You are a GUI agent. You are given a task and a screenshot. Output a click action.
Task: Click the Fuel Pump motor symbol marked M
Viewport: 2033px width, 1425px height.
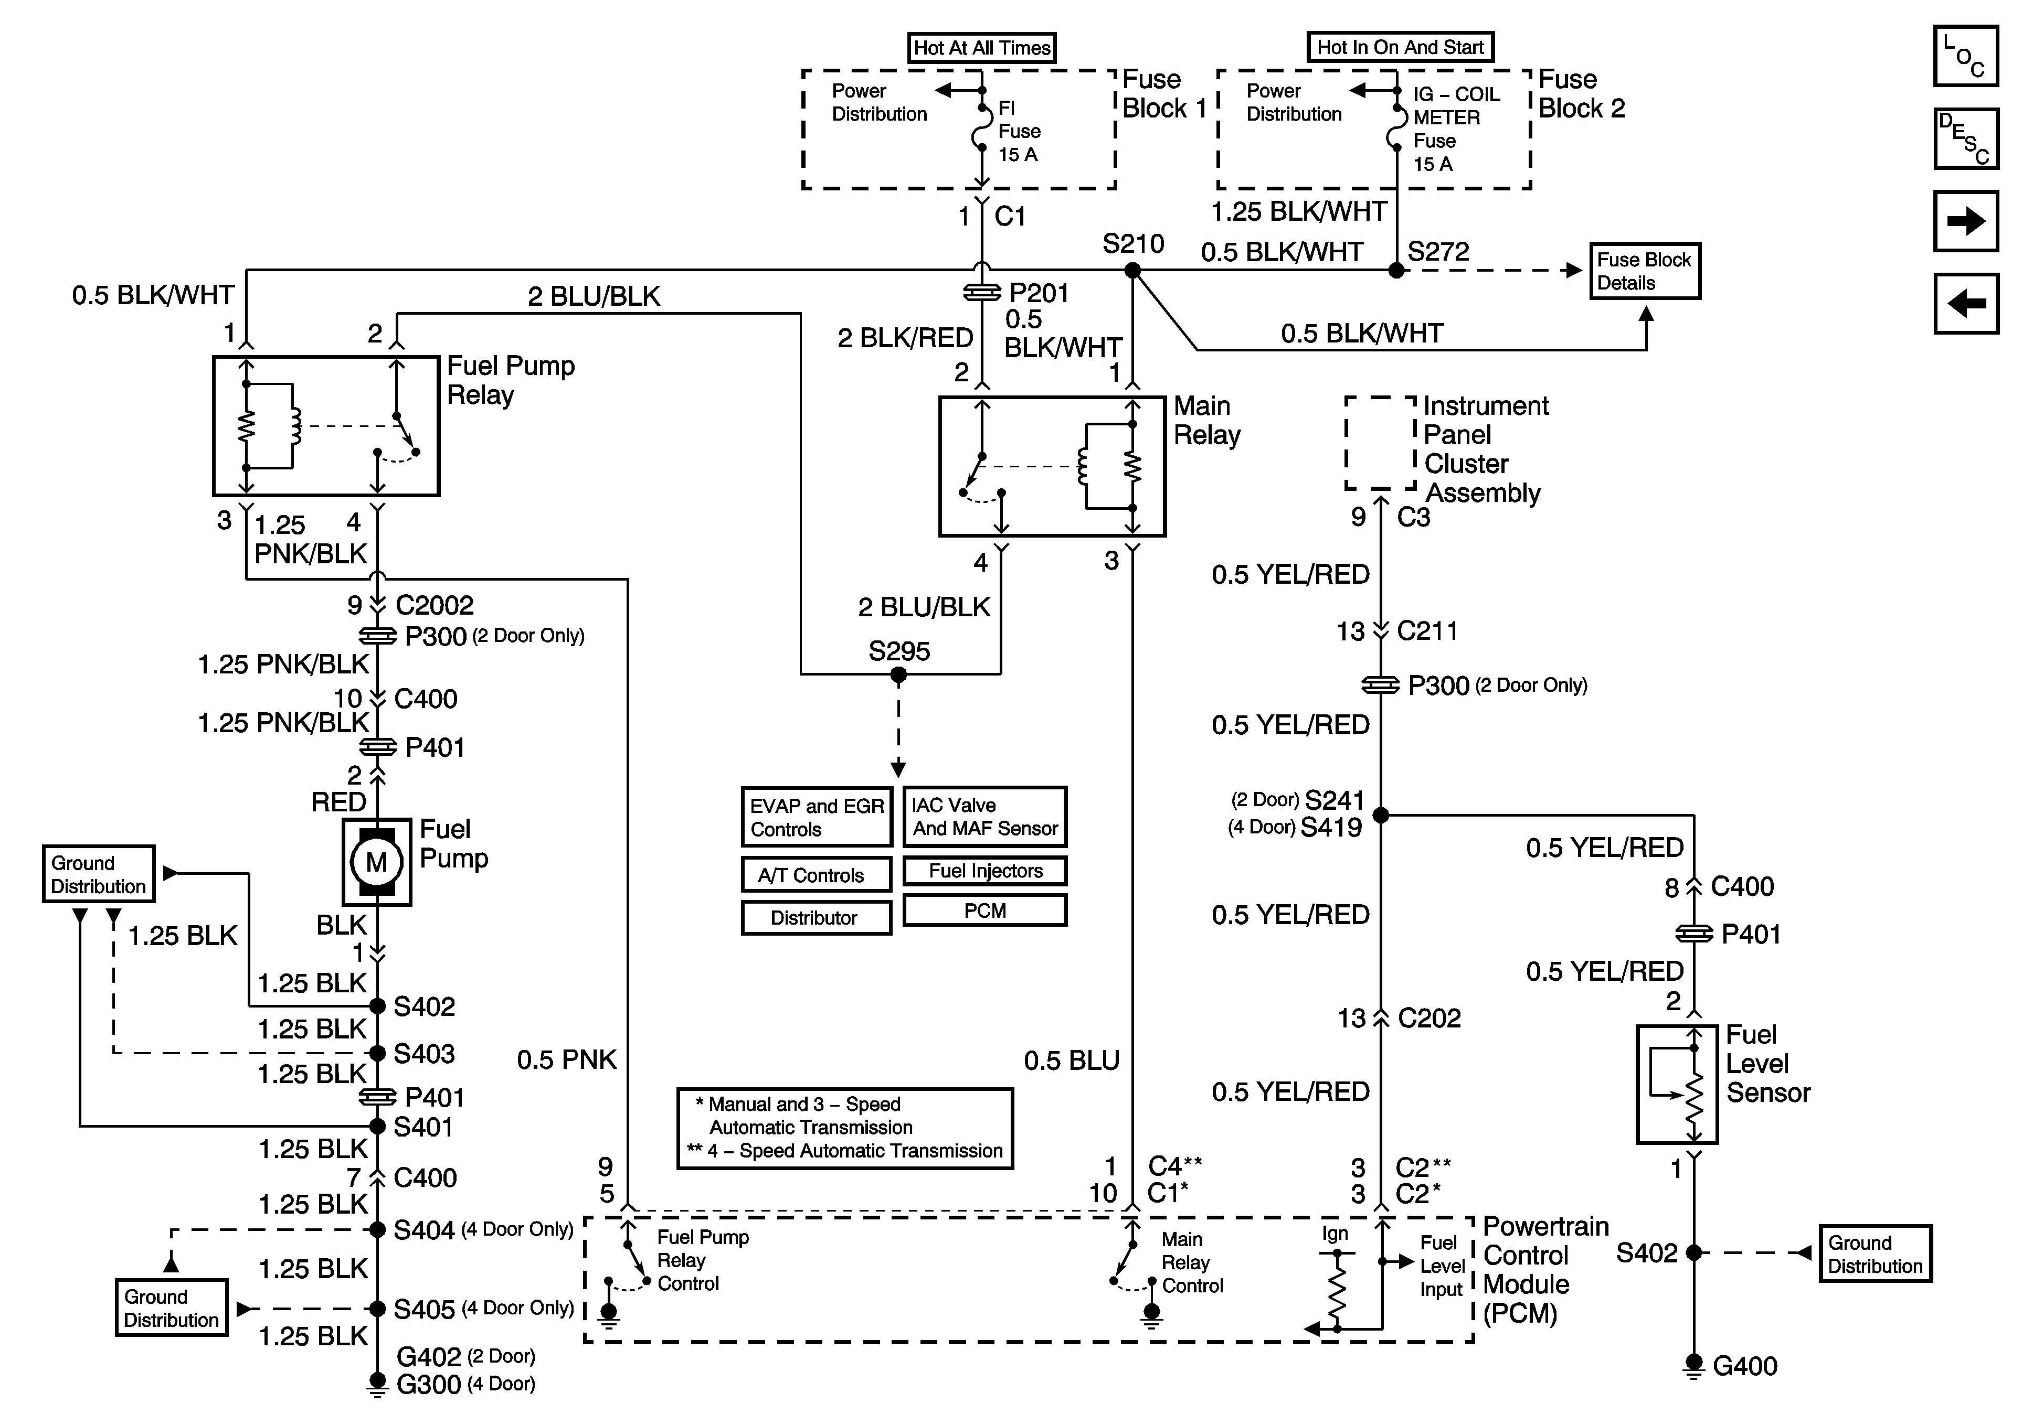(376, 861)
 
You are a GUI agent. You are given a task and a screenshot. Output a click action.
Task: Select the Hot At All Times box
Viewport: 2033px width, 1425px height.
(982, 48)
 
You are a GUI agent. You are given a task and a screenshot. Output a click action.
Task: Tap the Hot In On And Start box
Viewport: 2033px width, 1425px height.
(1400, 48)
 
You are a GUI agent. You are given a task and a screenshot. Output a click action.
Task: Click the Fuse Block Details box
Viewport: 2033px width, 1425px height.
(1644, 271)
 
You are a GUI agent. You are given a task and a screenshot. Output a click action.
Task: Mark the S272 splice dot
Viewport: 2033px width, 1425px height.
(1396, 271)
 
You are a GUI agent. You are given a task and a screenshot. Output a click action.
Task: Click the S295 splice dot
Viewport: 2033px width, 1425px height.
(899, 674)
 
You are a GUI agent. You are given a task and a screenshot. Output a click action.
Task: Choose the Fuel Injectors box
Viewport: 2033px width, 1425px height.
(984, 871)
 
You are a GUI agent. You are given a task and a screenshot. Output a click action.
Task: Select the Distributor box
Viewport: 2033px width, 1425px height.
(816, 918)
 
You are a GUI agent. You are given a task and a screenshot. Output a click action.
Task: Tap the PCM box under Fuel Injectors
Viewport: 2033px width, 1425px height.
(984, 911)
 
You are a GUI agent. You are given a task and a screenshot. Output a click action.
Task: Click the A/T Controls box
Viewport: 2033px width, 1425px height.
(816, 875)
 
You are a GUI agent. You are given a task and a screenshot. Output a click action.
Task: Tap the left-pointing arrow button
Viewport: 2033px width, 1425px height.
(1966, 304)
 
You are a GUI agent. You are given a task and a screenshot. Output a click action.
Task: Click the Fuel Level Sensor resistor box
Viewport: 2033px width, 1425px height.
(1677, 1084)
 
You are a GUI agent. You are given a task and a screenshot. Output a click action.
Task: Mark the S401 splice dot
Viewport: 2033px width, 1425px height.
(377, 1126)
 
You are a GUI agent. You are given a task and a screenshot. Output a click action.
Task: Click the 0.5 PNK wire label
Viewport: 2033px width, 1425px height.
(566, 1059)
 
